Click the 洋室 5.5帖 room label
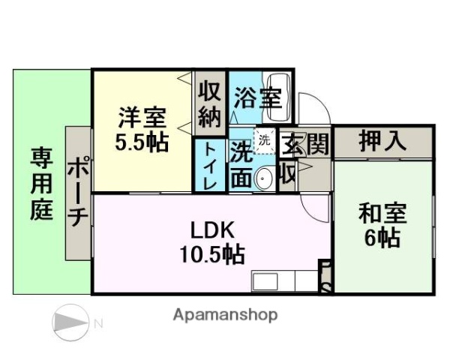point(142,129)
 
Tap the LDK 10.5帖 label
point(212,241)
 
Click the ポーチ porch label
point(78,191)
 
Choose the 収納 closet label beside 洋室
point(210,103)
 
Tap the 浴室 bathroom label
point(257,97)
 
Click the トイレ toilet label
point(211,166)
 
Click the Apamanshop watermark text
point(224,315)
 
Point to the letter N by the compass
point(97,322)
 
